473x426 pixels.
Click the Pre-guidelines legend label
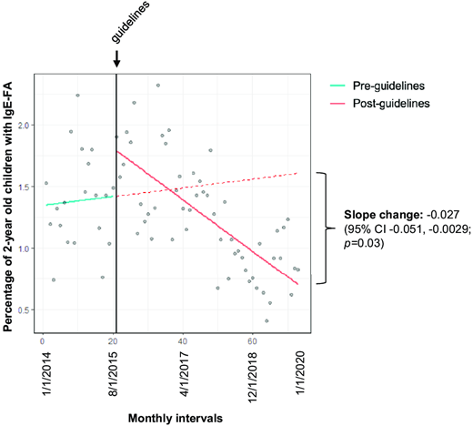392,86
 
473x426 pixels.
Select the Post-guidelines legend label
395,104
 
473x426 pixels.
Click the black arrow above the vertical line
116,59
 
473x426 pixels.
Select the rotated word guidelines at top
116,23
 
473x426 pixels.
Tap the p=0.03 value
373,243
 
